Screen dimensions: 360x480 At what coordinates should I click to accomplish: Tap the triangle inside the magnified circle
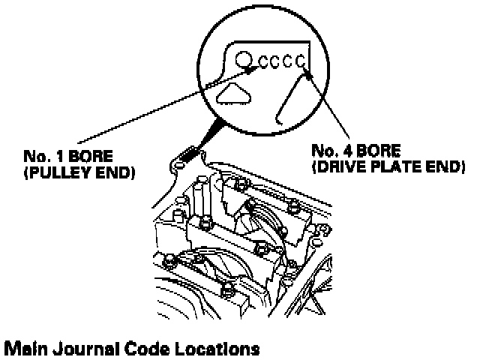235,92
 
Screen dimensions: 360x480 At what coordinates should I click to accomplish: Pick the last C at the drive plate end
301,62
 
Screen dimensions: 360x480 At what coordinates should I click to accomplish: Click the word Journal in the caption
86,349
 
